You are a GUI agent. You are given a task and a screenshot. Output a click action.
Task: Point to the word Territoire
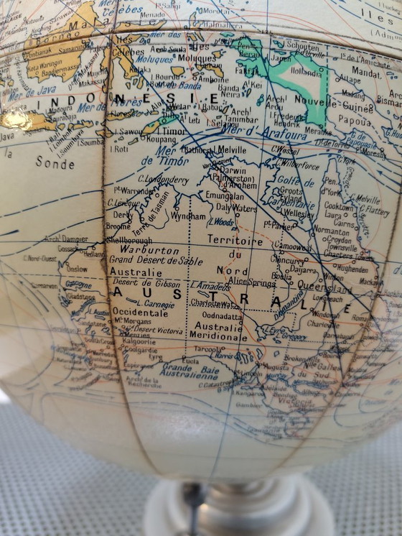coord(235,240)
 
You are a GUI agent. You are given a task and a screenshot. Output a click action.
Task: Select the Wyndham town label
coord(188,216)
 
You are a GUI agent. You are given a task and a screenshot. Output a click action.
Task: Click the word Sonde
coord(56,163)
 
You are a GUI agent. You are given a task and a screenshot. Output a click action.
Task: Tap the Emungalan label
coord(225,195)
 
